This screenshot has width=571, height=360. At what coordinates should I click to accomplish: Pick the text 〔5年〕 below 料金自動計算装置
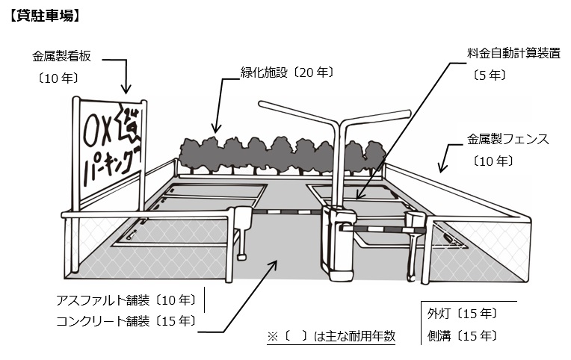490,75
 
